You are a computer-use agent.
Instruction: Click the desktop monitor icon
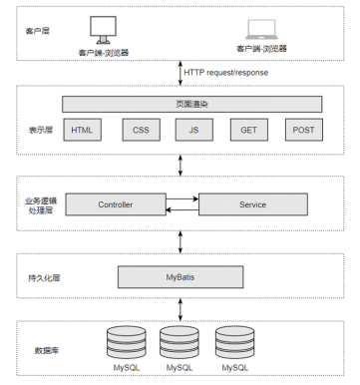tap(103, 30)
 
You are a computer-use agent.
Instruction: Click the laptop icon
tap(261, 30)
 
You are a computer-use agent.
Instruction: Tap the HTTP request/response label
tap(226, 73)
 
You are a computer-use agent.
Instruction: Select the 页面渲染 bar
tap(191, 104)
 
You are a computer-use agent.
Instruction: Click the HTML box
tap(82, 130)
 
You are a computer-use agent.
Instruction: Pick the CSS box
tap(141, 130)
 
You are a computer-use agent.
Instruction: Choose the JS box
tap(194, 130)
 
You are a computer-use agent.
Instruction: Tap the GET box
tap(249, 130)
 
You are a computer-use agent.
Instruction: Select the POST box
tap(304, 130)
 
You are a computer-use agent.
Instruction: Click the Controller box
tap(116, 204)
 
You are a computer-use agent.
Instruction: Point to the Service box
tap(253, 204)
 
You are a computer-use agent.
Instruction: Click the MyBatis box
tap(180, 277)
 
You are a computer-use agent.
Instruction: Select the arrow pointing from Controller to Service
tap(182, 199)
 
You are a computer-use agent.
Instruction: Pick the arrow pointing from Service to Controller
tap(182, 209)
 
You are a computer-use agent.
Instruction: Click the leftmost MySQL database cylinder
tap(127, 343)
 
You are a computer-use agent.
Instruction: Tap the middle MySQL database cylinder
tap(180, 343)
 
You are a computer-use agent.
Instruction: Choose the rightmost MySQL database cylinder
tap(234, 343)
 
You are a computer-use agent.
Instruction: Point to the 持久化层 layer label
tap(44, 278)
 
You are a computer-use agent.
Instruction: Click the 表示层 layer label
tap(41, 130)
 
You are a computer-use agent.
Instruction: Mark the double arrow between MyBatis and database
tap(180, 309)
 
